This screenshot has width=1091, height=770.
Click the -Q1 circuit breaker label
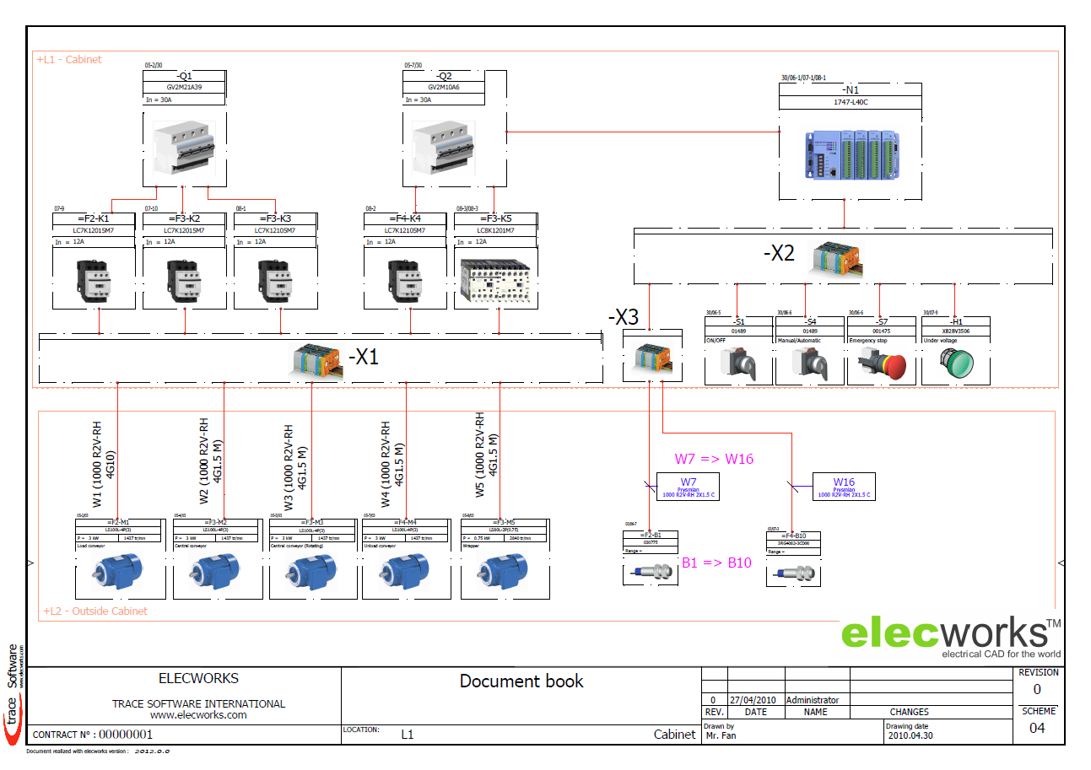coord(184,76)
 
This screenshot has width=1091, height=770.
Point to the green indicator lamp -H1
coord(955,364)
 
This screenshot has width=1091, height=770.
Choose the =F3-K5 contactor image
coord(495,280)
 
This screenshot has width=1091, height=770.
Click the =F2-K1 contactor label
coord(93,218)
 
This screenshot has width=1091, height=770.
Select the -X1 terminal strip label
coord(364,357)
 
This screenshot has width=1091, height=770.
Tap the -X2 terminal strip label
coord(778,253)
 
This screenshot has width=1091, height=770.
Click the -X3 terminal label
coord(624,317)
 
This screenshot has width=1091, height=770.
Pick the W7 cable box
coord(688,486)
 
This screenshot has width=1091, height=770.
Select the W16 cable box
coord(843,486)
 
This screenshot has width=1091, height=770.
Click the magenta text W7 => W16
coord(713,459)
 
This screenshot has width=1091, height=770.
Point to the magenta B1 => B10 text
coord(716,563)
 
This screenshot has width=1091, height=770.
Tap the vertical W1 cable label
coord(103,464)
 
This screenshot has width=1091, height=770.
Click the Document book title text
coord(521,681)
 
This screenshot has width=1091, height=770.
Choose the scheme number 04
coord(1037,728)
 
